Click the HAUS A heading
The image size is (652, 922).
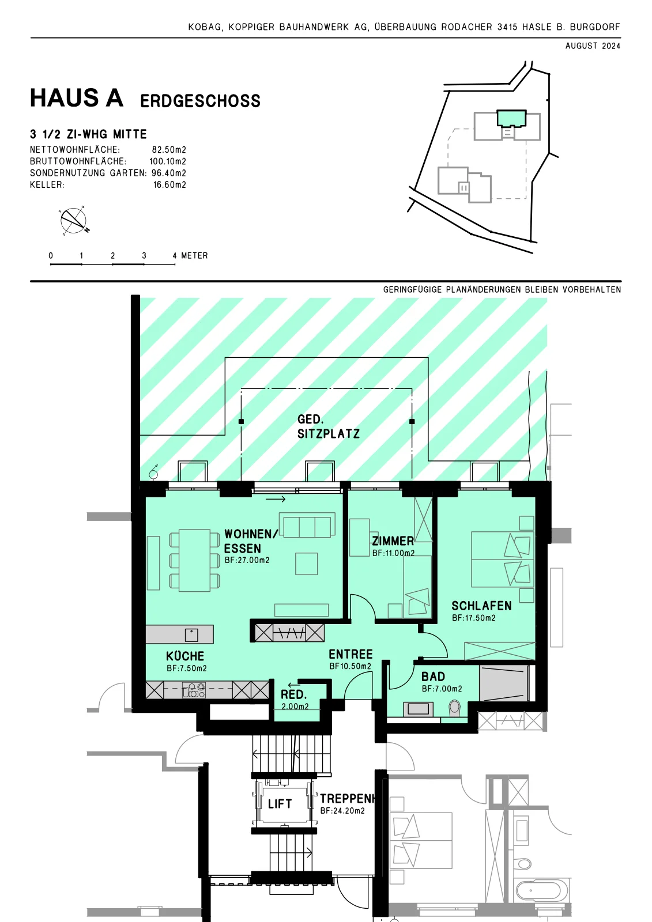[77, 98]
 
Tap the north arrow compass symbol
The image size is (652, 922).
[74, 221]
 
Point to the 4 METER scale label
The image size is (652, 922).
[190, 256]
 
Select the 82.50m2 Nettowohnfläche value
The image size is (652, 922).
[169, 150]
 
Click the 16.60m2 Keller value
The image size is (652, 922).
[169, 185]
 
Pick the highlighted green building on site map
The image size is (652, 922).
[511, 118]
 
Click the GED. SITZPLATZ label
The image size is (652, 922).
[328, 426]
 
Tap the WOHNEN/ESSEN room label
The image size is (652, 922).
[251, 541]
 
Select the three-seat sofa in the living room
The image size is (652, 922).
[307, 525]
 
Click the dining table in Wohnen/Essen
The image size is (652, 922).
[194, 560]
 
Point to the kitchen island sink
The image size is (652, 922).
[191, 635]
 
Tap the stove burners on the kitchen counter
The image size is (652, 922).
[194, 690]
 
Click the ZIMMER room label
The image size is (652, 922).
[393, 541]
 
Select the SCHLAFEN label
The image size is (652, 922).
[481, 606]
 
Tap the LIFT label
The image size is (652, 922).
[280, 804]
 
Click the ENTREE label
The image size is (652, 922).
[351, 654]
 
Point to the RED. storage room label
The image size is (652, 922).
[293, 695]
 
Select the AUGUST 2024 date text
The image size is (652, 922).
[593, 46]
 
